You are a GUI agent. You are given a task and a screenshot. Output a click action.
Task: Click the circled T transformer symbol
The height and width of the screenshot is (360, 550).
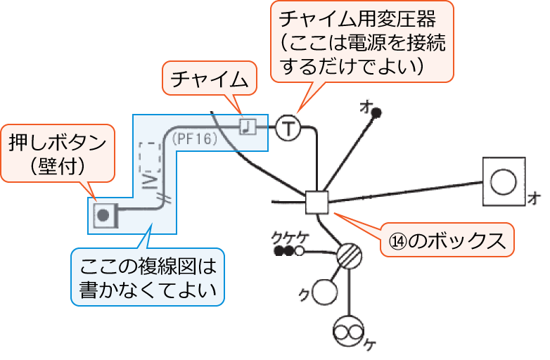click(288, 128)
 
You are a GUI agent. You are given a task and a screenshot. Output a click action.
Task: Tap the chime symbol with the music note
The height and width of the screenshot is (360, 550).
click(248, 126)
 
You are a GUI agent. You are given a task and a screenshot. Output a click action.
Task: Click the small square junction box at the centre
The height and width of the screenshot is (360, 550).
click(317, 202)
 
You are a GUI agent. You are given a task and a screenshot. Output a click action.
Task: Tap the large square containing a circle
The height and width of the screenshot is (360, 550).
click(504, 182)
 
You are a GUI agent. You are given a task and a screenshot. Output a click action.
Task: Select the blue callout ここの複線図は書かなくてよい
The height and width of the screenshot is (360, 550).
click(147, 277)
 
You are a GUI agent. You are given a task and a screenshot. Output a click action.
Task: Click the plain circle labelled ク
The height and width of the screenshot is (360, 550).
click(324, 290)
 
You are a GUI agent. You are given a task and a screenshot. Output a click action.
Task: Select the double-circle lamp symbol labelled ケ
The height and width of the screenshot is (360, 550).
click(349, 329)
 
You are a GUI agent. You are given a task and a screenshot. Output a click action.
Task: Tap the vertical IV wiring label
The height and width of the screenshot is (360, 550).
click(148, 182)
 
